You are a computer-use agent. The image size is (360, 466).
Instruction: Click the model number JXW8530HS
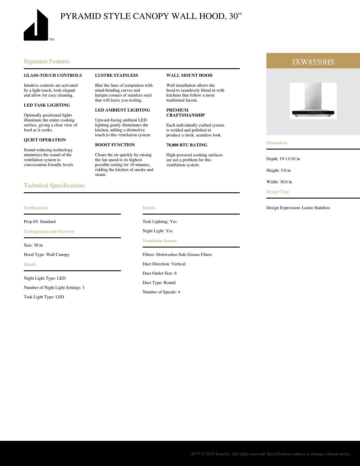(x=313, y=62)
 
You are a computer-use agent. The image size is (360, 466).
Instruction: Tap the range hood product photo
(x=313, y=101)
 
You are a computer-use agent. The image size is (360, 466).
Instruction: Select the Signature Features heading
(x=47, y=61)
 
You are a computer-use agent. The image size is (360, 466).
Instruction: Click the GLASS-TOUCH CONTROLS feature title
(x=53, y=75)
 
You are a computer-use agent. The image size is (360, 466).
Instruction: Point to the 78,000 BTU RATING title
(x=187, y=145)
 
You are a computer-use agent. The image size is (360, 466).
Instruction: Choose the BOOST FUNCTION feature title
(x=115, y=145)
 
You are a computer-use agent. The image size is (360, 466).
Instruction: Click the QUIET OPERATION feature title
(x=45, y=140)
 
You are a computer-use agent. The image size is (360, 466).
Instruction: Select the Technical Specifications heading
(x=54, y=185)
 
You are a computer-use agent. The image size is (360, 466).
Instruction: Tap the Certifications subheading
(x=36, y=208)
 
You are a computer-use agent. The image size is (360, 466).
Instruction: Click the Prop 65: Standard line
(x=40, y=222)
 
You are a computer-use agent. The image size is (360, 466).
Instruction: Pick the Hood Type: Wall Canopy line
(x=47, y=255)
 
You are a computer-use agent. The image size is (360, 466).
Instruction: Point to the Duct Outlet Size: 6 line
(x=160, y=273)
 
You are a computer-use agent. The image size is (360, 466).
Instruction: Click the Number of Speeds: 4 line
(x=161, y=292)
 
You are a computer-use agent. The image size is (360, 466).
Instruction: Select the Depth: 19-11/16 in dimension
(x=283, y=159)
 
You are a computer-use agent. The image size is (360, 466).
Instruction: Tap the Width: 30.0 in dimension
(x=279, y=182)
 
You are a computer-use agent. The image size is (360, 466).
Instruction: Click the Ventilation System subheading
(x=160, y=241)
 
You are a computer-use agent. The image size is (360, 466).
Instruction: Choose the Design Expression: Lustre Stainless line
(x=298, y=208)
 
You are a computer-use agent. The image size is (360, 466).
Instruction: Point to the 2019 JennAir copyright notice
(x=271, y=454)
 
